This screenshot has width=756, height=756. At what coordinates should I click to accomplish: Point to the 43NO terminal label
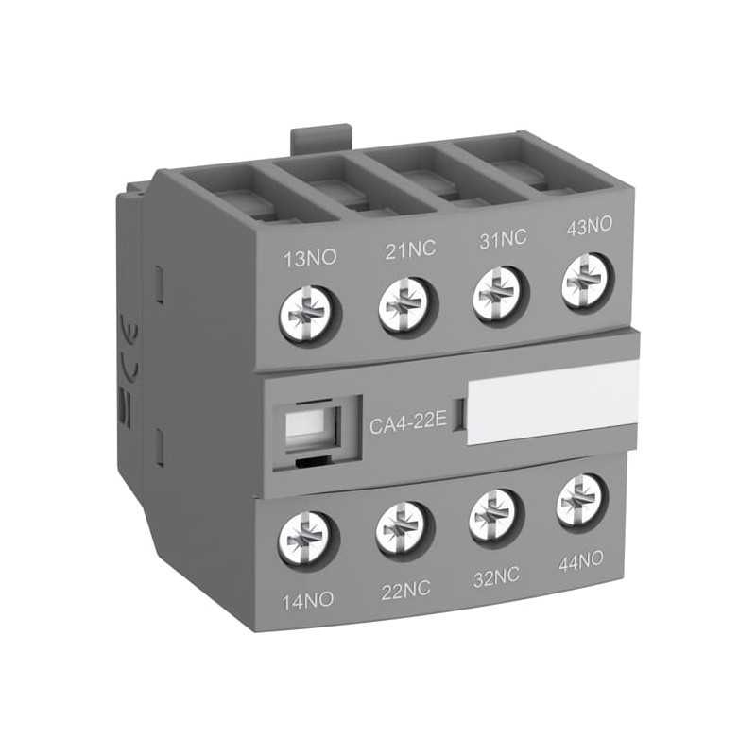[588, 227]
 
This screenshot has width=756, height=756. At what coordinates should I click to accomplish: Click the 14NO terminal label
[307, 601]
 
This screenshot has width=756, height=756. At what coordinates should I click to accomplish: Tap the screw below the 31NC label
[497, 288]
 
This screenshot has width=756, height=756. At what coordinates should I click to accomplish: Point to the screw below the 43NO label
[586, 277]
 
